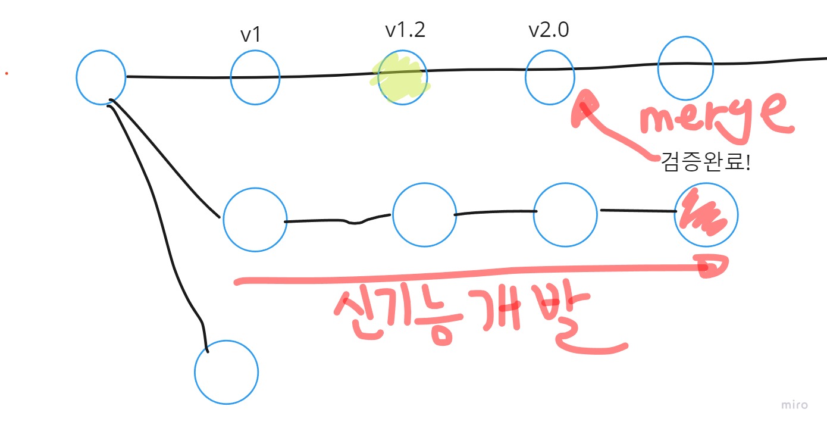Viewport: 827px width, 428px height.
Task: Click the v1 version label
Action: coord(250,35)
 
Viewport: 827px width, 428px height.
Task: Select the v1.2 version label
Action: coord(405,30)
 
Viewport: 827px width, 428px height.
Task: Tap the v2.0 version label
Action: coord(549,30)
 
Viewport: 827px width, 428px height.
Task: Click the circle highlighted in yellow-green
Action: coord(402,78)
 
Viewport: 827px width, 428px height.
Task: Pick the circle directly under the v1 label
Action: coord(255,77)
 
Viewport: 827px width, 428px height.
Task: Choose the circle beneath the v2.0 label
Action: coord(550,77)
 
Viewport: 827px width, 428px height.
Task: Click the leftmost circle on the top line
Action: coord(101,77)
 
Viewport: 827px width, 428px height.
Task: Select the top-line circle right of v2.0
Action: coord(685,68)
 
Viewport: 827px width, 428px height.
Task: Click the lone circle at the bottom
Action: coord(227,372)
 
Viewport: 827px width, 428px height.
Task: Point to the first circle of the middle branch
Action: coord(255,219)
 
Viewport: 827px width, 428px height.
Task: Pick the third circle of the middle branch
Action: coord(565,215)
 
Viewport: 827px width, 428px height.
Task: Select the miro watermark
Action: coord(794,405)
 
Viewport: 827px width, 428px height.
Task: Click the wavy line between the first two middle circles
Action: coord(339,221)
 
